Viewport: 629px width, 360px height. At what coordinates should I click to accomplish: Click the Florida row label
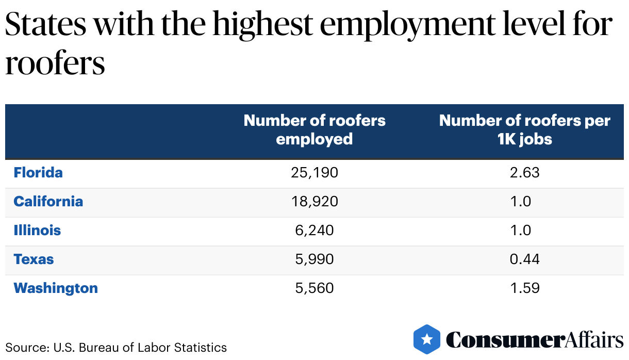pos(38,172)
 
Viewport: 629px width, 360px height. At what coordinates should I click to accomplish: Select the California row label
pos(48,201)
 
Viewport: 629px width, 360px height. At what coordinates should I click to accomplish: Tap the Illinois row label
pos(37,230)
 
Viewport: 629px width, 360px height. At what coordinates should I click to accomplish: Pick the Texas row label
pos(34,259)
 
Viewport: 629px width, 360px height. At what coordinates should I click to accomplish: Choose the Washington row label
pos(56,288)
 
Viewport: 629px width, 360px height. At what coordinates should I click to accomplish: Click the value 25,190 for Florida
pos(314,172)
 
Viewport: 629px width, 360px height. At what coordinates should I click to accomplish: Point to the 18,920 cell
pos(314,201)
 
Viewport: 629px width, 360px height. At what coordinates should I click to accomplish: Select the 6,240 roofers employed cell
pos(314,230)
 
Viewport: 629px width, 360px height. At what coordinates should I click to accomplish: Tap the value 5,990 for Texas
pos(314,259)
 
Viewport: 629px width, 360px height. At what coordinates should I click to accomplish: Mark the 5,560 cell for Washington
pos(314,288)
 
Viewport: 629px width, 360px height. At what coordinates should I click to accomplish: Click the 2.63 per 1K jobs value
pos(524,172)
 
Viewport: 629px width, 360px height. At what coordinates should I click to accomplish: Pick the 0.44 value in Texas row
pos(524,259)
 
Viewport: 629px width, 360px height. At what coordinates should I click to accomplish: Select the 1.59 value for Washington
pos(524,288)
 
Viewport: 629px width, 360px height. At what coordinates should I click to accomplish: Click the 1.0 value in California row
pos(520,201)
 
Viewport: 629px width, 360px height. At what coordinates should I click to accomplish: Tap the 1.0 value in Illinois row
pos(520,230)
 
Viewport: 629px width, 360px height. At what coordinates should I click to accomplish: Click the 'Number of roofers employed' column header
pos(314,130)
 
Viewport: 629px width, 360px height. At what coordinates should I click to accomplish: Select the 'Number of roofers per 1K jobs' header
pos(524,130)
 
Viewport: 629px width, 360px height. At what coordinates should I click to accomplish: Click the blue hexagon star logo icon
pos(427,339)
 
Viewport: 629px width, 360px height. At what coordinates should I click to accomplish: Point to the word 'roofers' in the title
pos(55,64)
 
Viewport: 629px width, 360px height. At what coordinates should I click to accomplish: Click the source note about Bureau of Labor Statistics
pos(116,347)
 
